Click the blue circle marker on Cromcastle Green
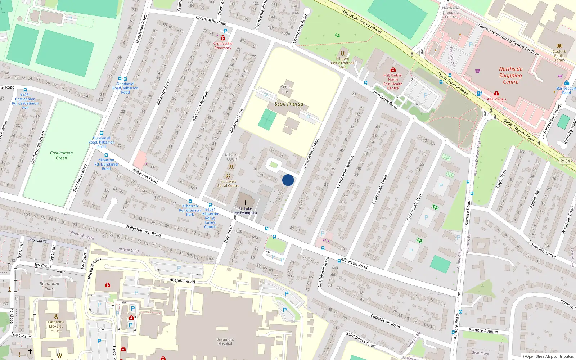pyautogui.click(x=288, y=180)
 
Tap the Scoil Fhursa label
pyautogui.click(x=289, y=104)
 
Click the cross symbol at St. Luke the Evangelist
pyautogui.click(x=246, y=203)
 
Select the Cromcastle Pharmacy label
pyautogui.click(x=223, y=46)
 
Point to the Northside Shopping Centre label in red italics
pyautogui.click(x=510, y=75)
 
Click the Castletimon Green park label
pyautogui.click(x=61, y=156)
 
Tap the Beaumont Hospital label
pyautogui.click(x=225, y=341)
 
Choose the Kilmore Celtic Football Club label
pyautogui.click(x=342, y=63)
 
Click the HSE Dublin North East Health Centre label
pyautogui.click(x=393, y=82)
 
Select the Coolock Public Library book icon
pyautogui.click(x=559, y=46)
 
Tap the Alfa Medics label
pyautogui.click(x=496, y=99)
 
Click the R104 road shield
pyautogui.click(x=565, y=161)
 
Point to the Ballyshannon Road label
pyautogui.click(x=143, y=231)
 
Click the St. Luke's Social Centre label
pyautogui.click(x=228, y=184)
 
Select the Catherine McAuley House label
pyautogui.click(x=56, y=326)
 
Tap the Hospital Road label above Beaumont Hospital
pyautogui.click(x=182, y=281)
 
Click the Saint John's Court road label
pyautogui.click(x=361, y=339)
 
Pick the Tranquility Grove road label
pyautogui.click(x=542, y=249)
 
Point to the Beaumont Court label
pyautogui.click(x=50, y=286)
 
